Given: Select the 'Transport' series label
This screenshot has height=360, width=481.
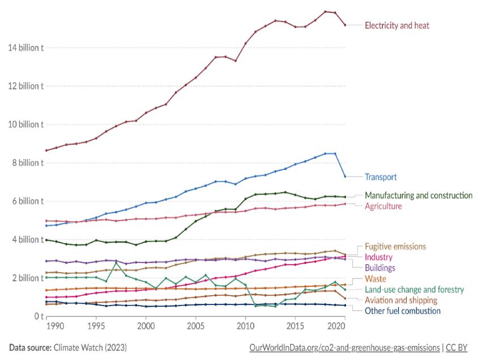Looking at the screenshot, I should click(381, 176).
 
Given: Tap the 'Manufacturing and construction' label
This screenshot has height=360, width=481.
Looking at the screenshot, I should click(418, 195).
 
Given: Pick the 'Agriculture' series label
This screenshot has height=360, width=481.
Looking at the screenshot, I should click(383, 206).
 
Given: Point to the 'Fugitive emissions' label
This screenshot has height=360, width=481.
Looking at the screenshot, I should click(395, 247).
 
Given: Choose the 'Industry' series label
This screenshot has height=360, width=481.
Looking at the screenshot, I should click(379, 257).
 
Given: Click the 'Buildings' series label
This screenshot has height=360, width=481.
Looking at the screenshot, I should click(380, 268).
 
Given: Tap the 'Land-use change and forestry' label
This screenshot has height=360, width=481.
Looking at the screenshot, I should click(414, 289).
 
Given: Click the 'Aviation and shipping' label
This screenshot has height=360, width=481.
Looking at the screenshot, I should click(401, 300).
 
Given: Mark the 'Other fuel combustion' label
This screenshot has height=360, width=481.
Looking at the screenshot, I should click(402, 311).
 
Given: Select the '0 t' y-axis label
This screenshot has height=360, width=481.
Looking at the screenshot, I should click(35, 316).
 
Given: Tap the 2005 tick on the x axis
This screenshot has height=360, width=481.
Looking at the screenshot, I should click(195, 327).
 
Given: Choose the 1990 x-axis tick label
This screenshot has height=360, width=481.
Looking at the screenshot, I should click(56, 327).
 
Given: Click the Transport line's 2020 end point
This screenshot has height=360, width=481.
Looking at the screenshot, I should click(345, 176).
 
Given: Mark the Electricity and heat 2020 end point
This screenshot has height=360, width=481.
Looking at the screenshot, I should click(345, 25).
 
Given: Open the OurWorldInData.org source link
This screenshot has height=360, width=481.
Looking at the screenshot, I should click(344, 348).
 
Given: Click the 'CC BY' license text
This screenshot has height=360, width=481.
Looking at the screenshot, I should click(457, 348).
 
